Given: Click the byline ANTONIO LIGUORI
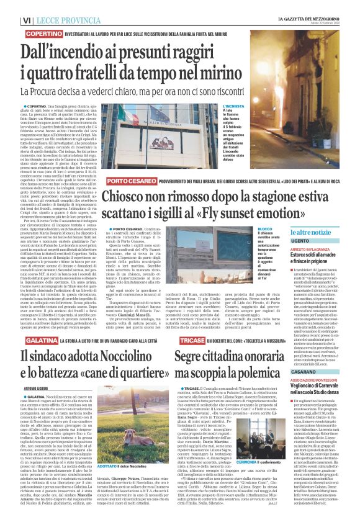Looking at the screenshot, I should (38, 390).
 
